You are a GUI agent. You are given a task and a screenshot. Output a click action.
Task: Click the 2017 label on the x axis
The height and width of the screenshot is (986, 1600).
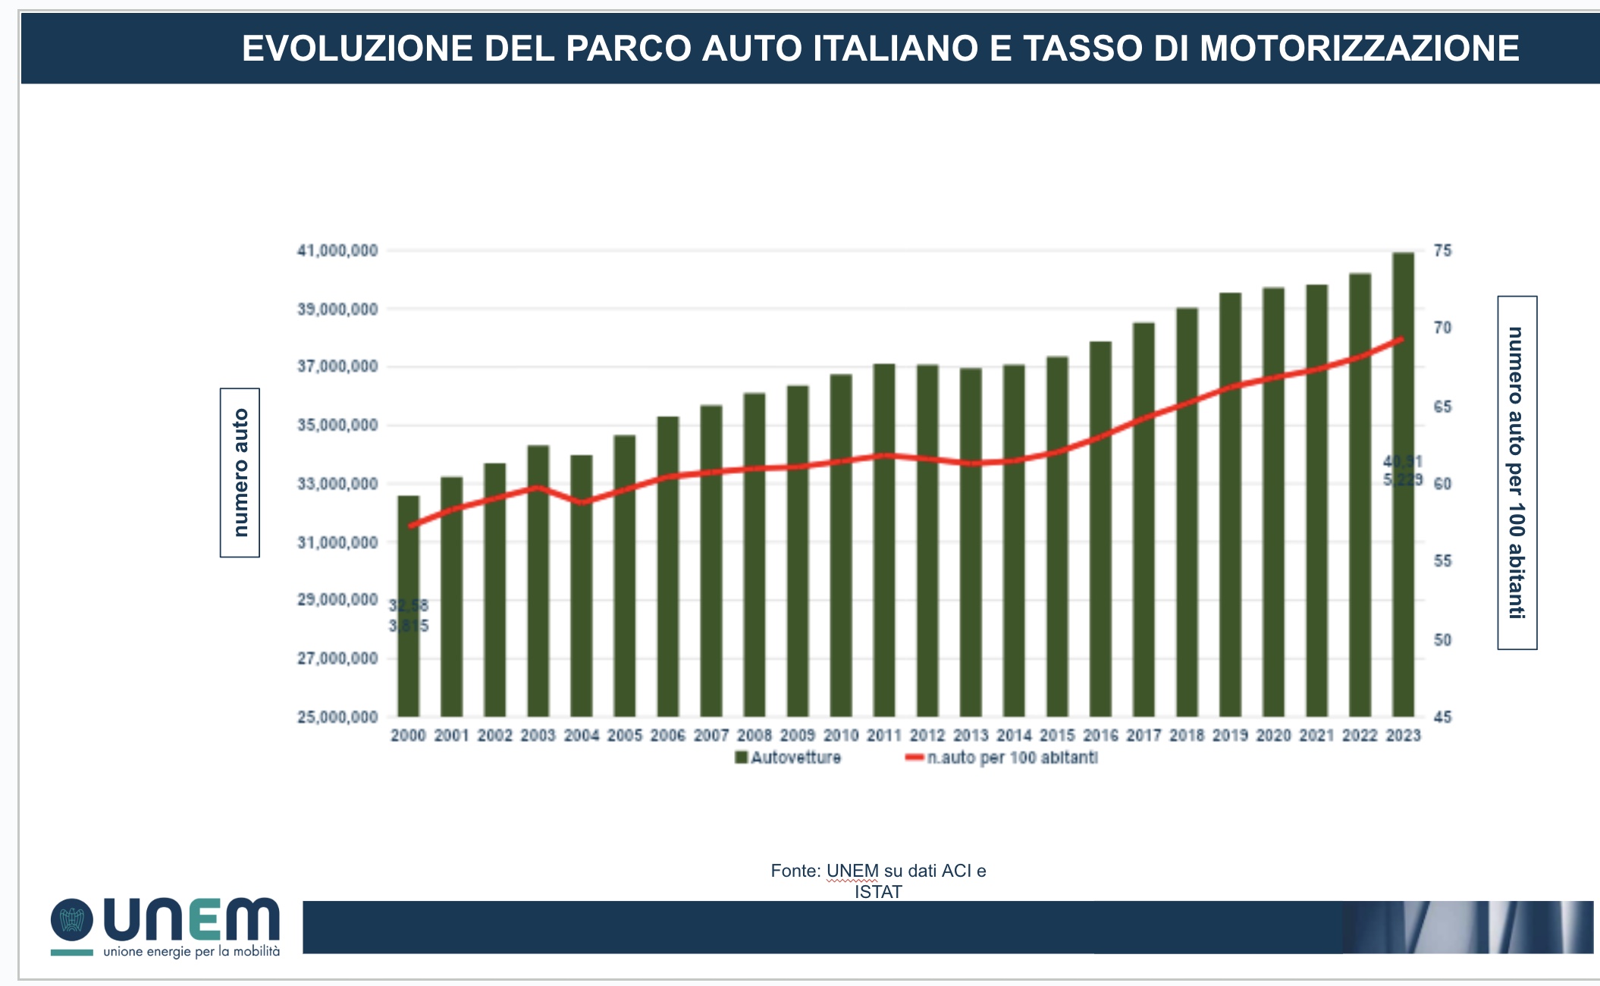coord(1144,735)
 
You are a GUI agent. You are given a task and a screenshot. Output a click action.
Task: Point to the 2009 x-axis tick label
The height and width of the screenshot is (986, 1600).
coord(798,735)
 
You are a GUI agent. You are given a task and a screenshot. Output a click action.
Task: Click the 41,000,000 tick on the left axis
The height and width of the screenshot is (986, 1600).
coord(337,250)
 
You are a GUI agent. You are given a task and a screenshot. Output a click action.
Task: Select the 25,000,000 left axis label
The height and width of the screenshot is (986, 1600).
coord(337,717)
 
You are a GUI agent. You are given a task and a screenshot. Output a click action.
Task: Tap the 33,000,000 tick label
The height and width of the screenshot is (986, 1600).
coord(337,484)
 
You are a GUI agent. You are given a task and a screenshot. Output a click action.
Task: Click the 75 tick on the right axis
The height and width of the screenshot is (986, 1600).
coord(1442,250)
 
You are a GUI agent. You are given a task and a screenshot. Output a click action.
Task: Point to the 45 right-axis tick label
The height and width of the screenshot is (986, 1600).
coord(1442,717)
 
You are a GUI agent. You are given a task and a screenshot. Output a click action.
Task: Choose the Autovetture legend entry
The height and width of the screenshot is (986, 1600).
coord(789,758)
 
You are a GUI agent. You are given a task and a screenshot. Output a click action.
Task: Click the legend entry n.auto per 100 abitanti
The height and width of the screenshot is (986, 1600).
coord(1002,758)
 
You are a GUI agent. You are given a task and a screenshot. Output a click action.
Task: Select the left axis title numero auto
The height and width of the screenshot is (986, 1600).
coord(240,473)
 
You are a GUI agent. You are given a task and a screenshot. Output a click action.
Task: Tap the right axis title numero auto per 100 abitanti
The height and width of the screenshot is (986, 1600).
coord(1517,473)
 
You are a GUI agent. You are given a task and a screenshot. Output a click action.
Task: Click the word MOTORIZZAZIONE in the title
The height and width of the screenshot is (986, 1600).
coord(1360,49)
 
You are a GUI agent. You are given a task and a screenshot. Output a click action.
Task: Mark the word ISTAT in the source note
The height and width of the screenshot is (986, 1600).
coord(878,892)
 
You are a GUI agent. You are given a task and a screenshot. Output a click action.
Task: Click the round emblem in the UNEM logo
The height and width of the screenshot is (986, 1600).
coord(72,920)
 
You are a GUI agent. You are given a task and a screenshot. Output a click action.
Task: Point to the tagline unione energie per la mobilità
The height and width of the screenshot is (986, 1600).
coord(191,951)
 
